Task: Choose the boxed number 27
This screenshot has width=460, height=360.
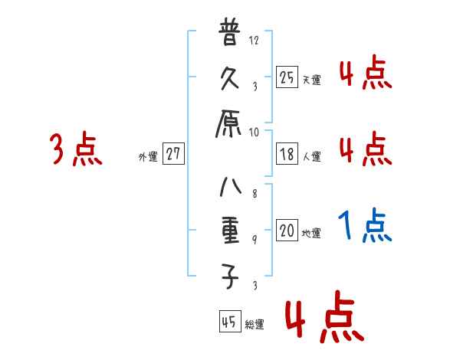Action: coord(173,154)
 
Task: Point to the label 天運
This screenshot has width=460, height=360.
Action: coord(311,80)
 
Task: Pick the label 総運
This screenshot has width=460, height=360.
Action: coord(255,325)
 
